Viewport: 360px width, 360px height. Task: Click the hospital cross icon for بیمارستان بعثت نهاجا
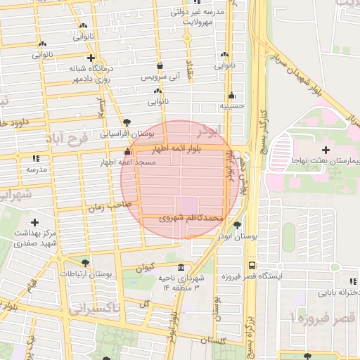[x=325, y=150]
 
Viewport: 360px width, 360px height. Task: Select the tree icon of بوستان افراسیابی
[x=127, y=122]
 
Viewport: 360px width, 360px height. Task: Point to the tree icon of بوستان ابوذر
[x=237, y=225]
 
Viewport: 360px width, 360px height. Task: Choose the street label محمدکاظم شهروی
[x=192, y=218]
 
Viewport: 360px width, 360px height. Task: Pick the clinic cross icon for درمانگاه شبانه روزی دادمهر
[x=90, y=58]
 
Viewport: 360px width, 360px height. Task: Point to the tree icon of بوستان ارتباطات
[x=86, y=262]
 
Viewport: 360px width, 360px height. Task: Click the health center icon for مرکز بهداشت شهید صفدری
[x=34, y=223]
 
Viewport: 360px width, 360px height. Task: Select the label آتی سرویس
[x=161, y=75]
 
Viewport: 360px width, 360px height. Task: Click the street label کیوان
[x=143, y=267]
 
